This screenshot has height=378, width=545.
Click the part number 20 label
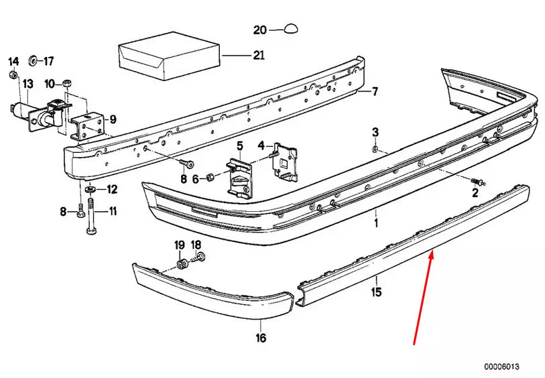point(260,30)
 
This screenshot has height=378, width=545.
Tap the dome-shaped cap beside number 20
point(291,29)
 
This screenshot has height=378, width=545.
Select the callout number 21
point(259,55)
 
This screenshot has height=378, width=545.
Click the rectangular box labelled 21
point(170,56)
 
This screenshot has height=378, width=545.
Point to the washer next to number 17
point(34,60)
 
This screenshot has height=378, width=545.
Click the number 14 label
point(13,62)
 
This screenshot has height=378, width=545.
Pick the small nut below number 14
point(13,74)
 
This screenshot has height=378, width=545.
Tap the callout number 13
point(27,84)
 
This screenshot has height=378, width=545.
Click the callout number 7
point(375,92)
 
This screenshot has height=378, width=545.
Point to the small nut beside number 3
point(375,149)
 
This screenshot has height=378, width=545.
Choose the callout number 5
point(240,146)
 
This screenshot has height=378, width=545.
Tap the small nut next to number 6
point(210,177)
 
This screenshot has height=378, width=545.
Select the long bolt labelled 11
point(91,216)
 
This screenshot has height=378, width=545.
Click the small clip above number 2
point(477,182)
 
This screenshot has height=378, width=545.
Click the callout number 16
point(261,337)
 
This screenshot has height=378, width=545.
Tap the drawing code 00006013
point(501,367)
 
